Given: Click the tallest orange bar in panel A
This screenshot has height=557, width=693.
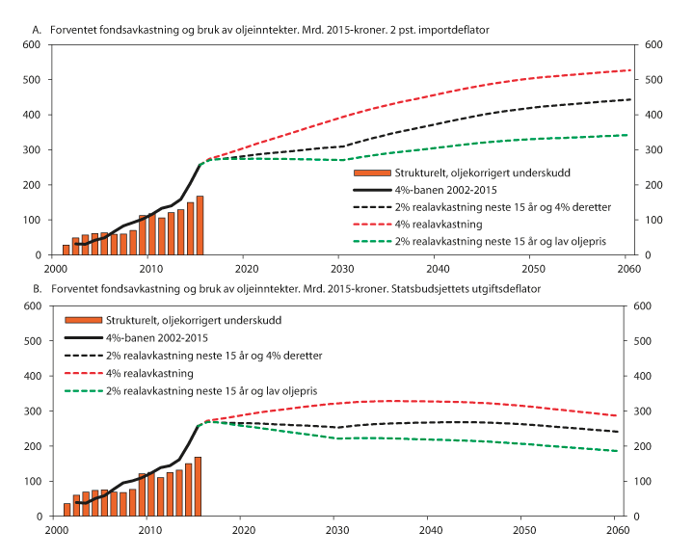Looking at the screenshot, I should (x=200, y=225).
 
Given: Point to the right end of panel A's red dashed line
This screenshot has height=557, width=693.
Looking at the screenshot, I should (x=630, y=70).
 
